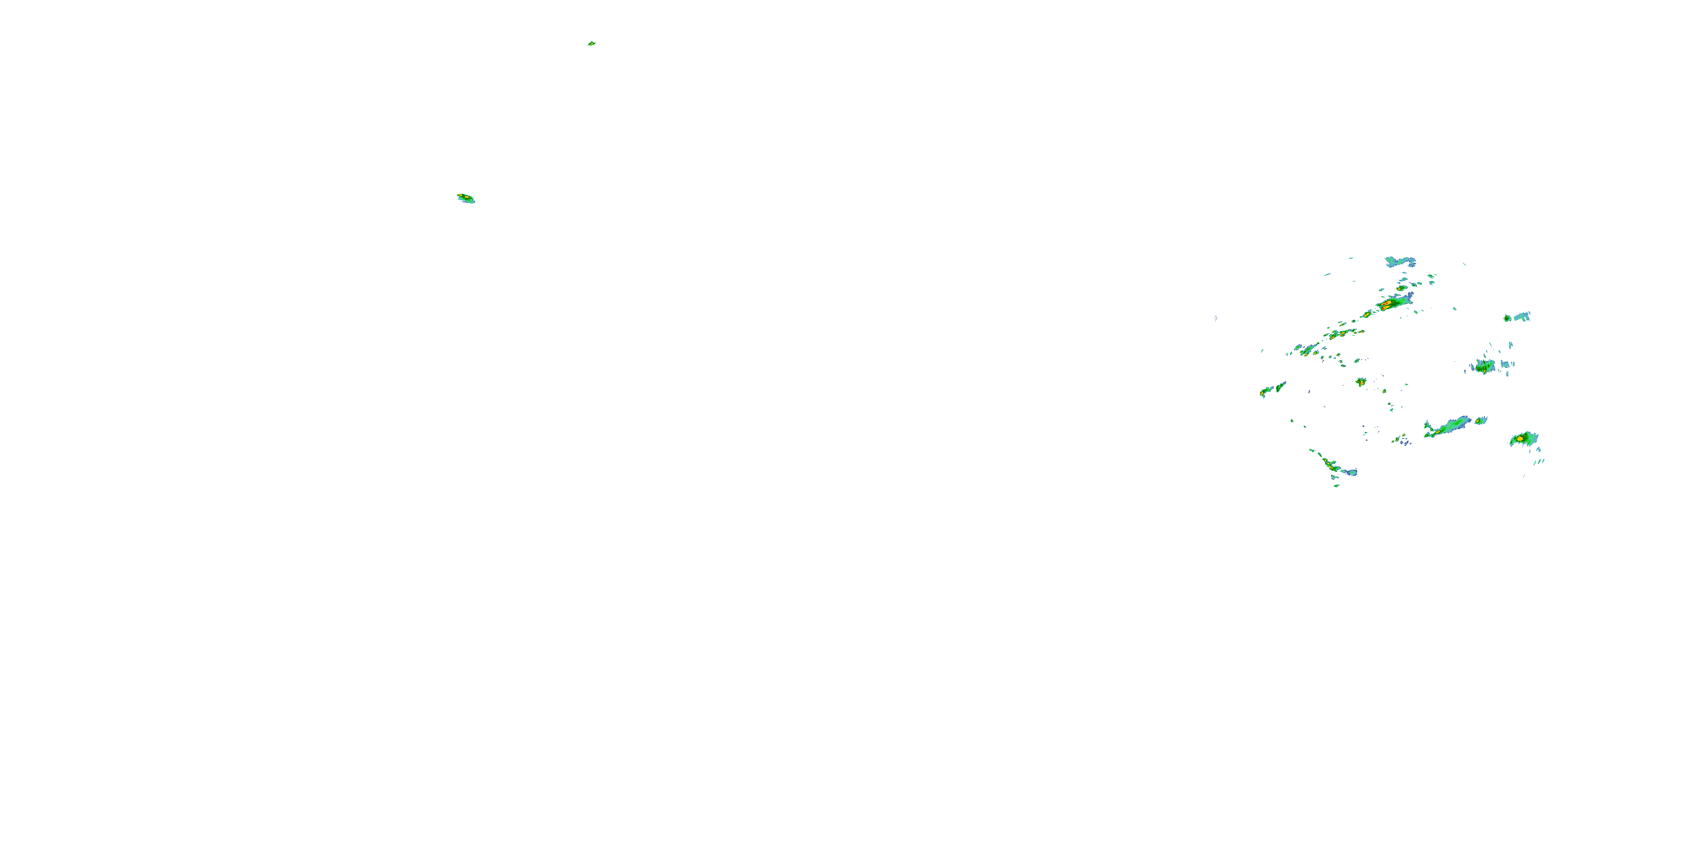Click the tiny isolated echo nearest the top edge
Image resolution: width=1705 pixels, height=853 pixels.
pos(591,44)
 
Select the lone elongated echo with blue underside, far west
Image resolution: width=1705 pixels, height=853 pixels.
pos(466,198)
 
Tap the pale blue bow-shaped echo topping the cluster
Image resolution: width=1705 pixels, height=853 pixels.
pos(1400,262)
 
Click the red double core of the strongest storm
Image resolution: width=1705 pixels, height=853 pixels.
pos(1386,305)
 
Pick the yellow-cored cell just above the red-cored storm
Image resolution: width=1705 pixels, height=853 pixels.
pos(1401,289)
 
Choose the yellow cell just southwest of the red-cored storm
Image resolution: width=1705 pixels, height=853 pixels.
pos(1367,314)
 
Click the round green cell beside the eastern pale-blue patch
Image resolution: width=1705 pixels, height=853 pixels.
pos(1507,318)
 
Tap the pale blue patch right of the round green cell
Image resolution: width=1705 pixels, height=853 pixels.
pos(1521,316)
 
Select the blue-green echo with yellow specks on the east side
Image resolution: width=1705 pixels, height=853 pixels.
pos(1484,366)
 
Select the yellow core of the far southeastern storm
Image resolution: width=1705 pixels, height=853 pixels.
pos(1520,438)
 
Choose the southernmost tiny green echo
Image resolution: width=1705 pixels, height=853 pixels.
pos(1336,486)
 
